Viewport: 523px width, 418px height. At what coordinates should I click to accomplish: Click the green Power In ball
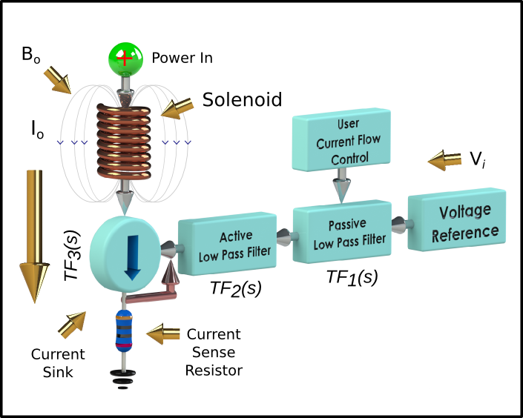coord(125,59)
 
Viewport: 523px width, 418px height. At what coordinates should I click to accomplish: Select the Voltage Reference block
coord(457,219)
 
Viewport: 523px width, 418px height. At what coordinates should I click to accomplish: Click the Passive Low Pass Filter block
coord(342,232)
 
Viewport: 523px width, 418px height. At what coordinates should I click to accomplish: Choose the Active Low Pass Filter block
coord(228,244)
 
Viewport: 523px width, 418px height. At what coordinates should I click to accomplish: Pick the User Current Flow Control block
coord(341,139)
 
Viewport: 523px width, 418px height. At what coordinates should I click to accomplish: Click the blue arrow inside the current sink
coord(132,257)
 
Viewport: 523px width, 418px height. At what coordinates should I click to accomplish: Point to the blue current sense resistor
coord(124,331)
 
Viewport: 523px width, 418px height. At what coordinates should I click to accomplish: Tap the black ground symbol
coord(123,379)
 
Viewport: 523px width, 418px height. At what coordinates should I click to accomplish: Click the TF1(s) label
coord(352,277)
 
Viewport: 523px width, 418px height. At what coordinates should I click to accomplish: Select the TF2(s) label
coord(236,288)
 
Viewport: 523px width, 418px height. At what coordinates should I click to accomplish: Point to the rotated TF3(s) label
coord(72,256)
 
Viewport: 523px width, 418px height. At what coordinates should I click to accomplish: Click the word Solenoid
coord(242,99)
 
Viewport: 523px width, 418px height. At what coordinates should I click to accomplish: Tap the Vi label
coord(478,159)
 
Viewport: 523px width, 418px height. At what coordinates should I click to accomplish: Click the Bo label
coord(31,54)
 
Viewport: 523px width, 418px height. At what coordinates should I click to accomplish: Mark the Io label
coord(37,130)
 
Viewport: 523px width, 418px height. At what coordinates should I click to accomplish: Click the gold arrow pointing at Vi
coord(444,160)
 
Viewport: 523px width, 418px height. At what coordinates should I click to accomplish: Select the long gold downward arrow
coord(34,236)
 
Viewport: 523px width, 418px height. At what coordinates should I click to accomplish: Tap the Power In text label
coord(182,58)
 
